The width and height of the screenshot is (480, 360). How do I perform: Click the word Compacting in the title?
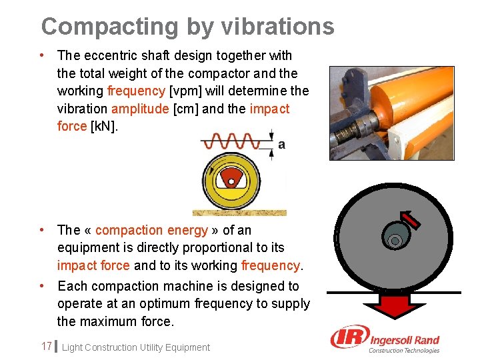pos(108,27)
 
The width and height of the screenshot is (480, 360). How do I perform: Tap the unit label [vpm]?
pos(186,91)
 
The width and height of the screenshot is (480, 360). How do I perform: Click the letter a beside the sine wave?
pos(281,145)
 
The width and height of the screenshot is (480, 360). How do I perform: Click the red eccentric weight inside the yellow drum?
pos(231,176)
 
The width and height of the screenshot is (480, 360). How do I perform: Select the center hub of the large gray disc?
pos(395,239)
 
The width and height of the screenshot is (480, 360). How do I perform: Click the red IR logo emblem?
pos(348,339)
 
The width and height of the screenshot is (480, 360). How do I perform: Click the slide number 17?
pos(46,346)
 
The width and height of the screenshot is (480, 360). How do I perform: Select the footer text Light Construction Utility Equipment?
pos(135,347)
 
